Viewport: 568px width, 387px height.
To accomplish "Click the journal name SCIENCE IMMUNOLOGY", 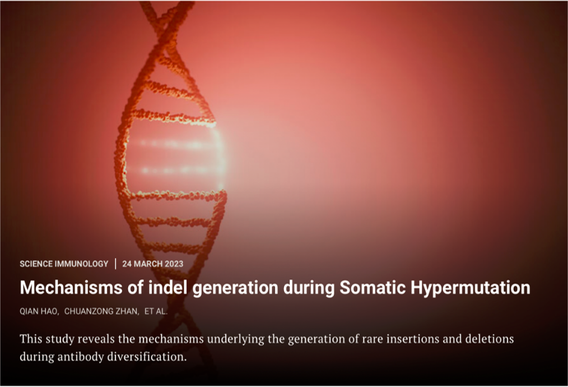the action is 64,264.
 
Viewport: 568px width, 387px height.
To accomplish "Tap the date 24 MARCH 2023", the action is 152,264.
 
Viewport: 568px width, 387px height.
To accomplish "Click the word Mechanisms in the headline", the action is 71,288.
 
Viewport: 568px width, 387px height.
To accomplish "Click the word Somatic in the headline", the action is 373,288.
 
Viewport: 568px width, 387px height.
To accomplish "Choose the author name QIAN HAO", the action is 39,311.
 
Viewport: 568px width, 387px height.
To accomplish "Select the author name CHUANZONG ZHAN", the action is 101,311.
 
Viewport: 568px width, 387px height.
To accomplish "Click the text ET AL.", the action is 156,311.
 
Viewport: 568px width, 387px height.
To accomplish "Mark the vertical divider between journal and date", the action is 115,264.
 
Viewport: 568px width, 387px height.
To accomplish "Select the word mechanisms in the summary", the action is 171,339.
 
